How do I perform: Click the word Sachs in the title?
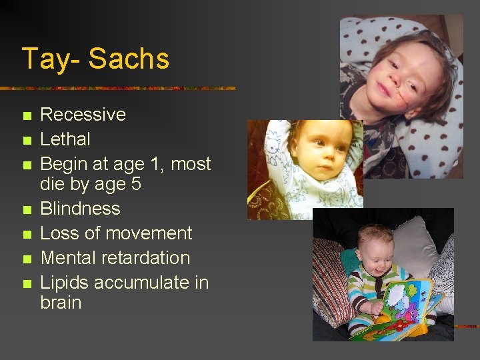(x=129, y=59)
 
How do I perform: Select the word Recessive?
(x=83, y=115)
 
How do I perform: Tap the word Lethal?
(x=65, y=139)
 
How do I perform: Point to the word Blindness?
(x=80, y=209)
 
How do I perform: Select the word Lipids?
(x=65, y=283)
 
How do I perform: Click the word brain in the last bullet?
(x=61, y=303)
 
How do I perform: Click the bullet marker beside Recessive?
(x=27, y=116)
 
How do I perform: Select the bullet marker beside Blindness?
(x=27, y=210)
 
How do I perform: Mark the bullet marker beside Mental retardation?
(x=27, y=259)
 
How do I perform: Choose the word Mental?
(x=67, y=258)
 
